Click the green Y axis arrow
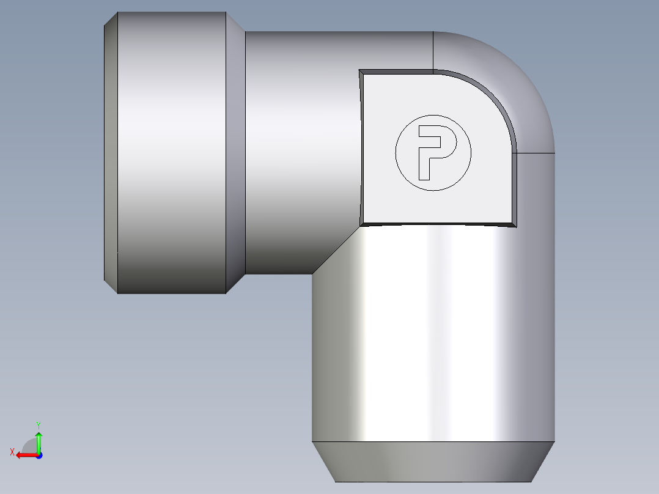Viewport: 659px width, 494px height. tap(39, 441)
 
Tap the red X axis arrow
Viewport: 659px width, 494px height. tap(27, 455)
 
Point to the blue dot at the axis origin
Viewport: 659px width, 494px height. tap(39, 455)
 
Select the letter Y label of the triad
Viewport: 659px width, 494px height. tap(39, 425)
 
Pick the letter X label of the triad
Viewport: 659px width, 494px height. tap(12, 452)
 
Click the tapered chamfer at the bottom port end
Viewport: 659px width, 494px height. tap(433, 462)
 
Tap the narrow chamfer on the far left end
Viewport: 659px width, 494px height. tap(111, 153)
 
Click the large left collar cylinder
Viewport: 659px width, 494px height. tap(172, 153)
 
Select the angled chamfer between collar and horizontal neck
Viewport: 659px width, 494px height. tap(236, 153)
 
